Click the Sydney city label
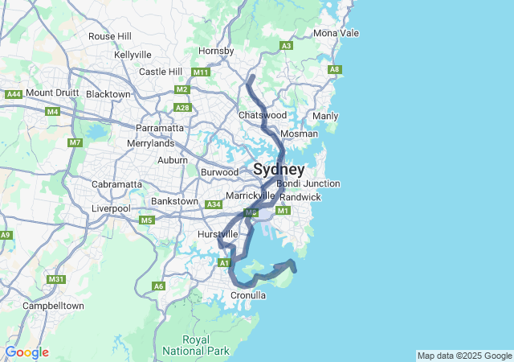coord(279,170)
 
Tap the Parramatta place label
coord(159,128)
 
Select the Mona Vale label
coord(336,33)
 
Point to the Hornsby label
coord(216,51)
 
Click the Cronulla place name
coord(248,295)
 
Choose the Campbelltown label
coord(53,306)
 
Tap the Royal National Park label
coord(196,345)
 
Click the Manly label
coord(325,116)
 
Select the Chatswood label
coord(262,115)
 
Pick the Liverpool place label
coord(110,208)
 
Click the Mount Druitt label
coord(52,93)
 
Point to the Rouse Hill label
coord(110,36)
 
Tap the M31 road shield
coord(55,279)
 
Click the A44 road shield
coord(14,94)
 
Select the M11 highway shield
coord(200,72)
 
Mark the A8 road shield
coord(335,70)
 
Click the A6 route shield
coord(159,286)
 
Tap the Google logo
coord(27,352)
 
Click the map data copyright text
coord(464,356)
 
